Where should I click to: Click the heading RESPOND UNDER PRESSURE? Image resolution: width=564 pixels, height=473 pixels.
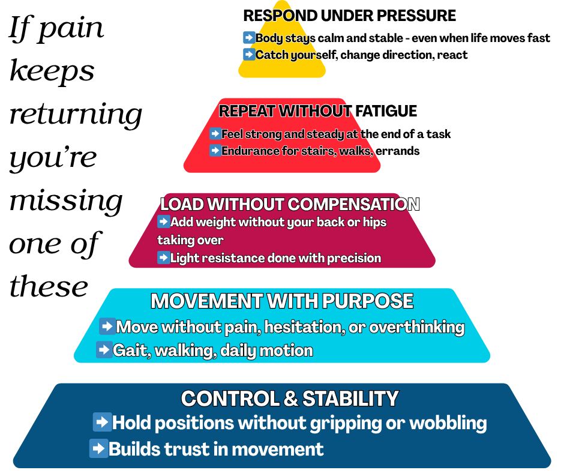350,16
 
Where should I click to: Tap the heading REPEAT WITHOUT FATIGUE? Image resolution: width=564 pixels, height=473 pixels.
318,111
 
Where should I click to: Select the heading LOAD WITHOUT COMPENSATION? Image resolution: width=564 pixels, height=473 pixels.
290,204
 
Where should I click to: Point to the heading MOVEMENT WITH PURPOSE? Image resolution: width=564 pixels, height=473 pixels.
282,301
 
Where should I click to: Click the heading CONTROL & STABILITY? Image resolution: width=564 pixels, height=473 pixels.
290,399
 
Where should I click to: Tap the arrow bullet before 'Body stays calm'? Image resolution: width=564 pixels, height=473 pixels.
249,37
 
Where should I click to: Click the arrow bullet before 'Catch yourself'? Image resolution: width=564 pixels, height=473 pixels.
249,55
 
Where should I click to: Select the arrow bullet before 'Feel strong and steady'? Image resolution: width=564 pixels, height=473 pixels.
215,133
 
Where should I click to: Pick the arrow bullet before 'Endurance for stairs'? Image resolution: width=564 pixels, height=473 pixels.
215,150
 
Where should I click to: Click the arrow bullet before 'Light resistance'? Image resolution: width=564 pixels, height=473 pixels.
163,258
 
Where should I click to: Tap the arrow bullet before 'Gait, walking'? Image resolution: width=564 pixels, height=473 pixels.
104,349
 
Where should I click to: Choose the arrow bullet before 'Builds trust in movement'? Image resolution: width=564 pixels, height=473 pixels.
98,448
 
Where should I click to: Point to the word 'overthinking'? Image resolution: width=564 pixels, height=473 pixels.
417,327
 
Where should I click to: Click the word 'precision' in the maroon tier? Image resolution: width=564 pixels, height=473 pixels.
354,258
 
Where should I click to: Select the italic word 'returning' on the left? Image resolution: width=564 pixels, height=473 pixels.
76,114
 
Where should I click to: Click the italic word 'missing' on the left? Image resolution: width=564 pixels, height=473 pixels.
66,200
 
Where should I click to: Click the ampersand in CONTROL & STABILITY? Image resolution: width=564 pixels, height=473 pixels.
290,399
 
